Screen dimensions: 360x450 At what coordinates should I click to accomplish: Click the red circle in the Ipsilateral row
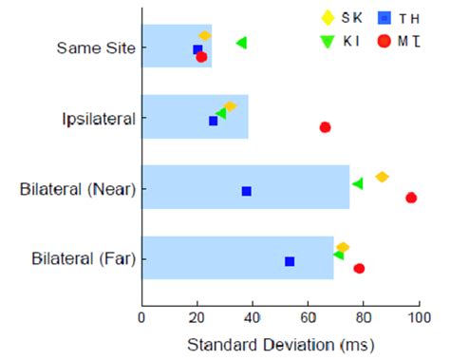[x=325, y=127]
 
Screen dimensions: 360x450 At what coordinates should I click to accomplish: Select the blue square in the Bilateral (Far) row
[x=290, y=261]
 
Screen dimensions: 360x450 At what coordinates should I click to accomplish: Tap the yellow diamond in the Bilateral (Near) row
[x=382, y=177]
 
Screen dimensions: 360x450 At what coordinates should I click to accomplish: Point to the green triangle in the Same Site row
[x=241, y=43]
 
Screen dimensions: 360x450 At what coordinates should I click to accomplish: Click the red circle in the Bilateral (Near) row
[x=411, y=198]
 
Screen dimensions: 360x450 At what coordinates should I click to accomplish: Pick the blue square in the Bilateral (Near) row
[x=247, y=191]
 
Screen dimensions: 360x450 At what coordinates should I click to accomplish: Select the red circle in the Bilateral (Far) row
[x=359, y=268]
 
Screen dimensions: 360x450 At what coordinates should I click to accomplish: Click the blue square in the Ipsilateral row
[x=213, y=121]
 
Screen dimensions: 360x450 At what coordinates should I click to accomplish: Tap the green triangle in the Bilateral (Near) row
[x=357, y=183]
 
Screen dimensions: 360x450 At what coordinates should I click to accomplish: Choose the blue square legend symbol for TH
[x=384, y=16]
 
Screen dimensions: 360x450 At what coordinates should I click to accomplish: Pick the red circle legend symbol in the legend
[x=384, y=40]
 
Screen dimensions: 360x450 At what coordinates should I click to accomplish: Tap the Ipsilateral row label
[x=99, y=119]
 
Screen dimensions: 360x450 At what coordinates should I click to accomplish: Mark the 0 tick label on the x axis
[x=141, y=320]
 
